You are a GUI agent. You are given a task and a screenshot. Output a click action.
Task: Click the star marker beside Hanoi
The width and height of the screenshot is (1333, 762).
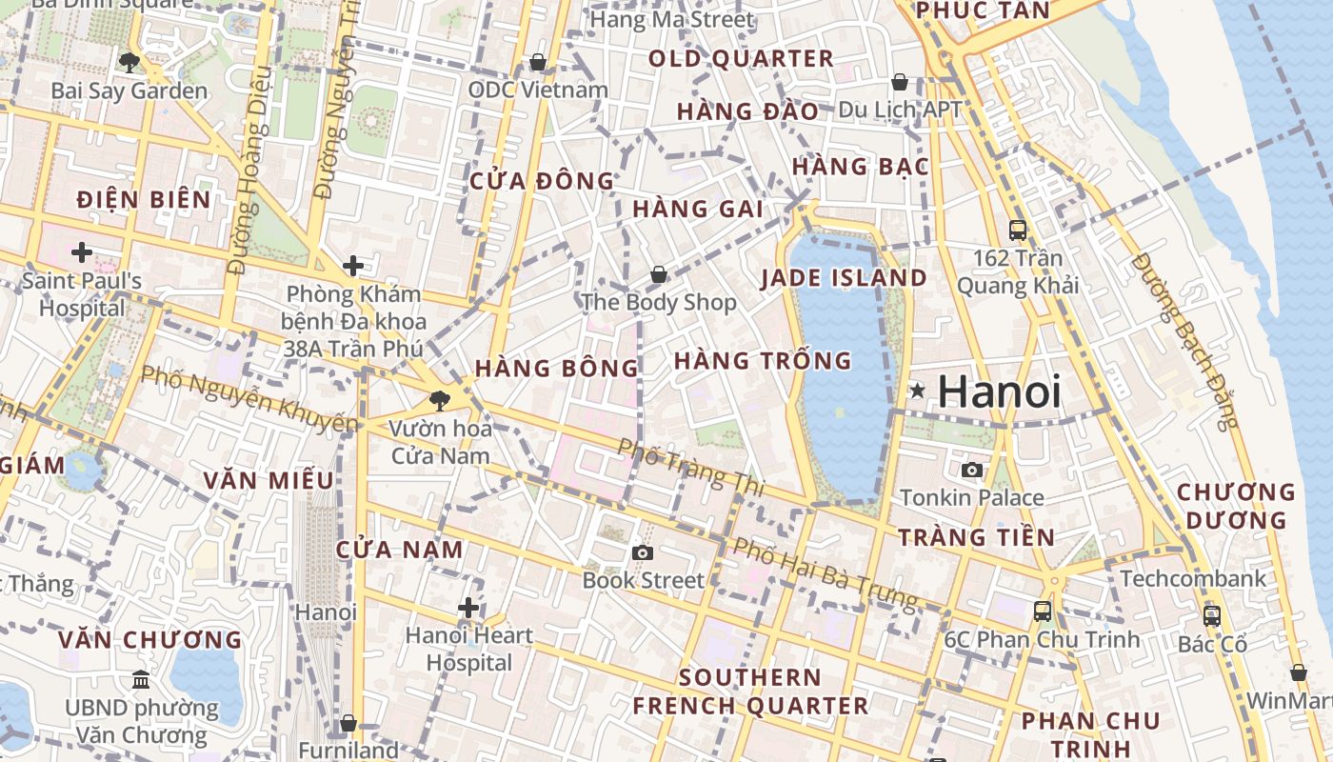(918, 391)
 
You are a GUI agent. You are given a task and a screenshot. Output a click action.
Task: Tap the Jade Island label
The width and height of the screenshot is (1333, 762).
(844, 278)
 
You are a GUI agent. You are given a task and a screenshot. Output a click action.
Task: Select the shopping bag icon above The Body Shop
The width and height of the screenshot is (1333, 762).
(658, 275)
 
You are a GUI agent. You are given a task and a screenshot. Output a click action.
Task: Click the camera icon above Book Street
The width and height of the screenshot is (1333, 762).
(643, 552)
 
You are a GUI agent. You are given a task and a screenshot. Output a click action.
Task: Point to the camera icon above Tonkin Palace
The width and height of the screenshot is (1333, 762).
(971, 470)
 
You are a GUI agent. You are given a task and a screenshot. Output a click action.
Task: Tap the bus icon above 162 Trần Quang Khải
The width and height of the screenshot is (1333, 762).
(1018, 230)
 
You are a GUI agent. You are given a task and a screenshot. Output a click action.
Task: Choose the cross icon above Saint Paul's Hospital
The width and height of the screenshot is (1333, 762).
(82, 252)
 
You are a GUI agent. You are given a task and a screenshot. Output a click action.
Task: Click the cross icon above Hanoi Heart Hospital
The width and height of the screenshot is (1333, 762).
(468, 607)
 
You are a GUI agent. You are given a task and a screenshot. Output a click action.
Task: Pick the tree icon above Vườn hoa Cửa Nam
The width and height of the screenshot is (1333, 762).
(439, 400)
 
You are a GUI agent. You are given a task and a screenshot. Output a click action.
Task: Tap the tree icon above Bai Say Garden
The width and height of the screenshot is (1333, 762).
(129, 63)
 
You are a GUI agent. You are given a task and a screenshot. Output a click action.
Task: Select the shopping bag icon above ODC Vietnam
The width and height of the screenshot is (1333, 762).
(538, 62)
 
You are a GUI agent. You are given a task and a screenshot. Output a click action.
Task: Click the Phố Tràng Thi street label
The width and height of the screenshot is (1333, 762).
(690, 466)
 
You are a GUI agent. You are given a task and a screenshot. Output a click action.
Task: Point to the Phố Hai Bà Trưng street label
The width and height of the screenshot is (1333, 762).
(825, 574)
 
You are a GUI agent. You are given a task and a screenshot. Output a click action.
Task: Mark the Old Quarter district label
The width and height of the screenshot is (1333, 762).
(741, 59)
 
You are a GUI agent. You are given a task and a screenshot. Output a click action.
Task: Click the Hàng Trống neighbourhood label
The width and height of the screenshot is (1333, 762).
(763, 361)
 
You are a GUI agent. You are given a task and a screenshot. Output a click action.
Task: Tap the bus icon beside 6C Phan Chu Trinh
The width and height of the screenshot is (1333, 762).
(1043, 612)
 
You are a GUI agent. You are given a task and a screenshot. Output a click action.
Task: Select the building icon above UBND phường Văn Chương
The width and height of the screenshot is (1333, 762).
(141, 680)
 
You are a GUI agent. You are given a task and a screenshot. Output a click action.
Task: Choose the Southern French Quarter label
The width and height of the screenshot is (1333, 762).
(750, 692)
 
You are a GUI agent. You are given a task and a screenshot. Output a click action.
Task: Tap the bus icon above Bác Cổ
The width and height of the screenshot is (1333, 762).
(1211, 616)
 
